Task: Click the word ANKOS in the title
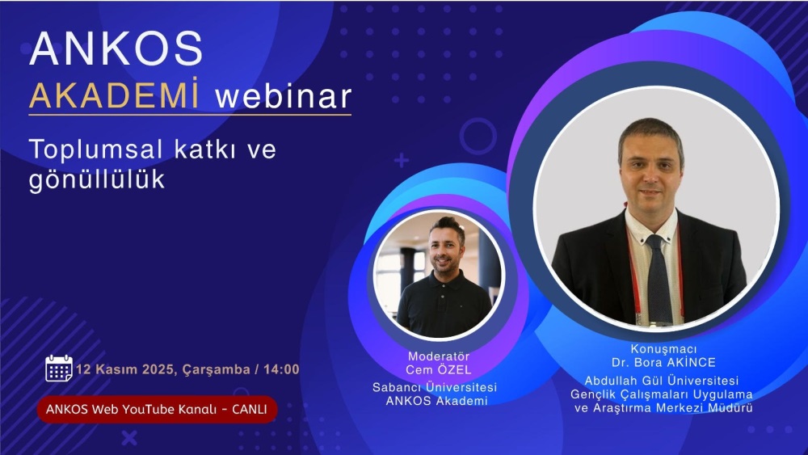tap(116, 48)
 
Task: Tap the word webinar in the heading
tap(284, 96)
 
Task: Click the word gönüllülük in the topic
tap(97, 180)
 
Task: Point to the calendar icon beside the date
tap(59, 368)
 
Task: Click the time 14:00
tap(281, 369)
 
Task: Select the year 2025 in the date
tap(158, 369)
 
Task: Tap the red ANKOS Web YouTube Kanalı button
tap(158, 410)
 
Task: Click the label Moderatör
tap(439, 356)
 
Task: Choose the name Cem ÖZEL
tap(439, 370)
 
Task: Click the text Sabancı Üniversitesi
tap(435, 387)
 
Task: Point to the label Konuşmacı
tap(663, 349)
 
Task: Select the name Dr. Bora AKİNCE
tap(663, 363)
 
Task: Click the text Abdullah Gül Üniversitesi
tap(662, 381)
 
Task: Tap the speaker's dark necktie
tap(659, 278)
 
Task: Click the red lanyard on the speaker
tap(633, 273)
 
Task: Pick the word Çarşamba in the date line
tap(217, 370)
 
